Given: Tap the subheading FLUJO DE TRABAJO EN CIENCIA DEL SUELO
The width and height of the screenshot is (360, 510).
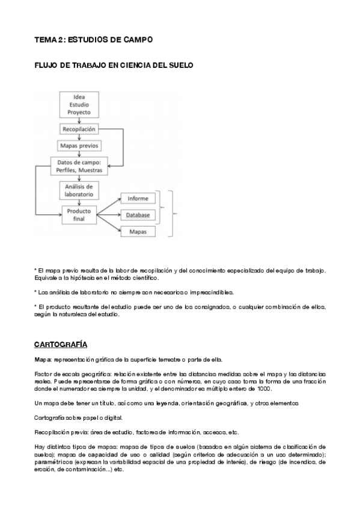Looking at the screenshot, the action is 114,65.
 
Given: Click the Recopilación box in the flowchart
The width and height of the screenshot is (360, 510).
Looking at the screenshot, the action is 78,129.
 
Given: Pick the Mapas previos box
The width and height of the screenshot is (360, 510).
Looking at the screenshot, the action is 79,146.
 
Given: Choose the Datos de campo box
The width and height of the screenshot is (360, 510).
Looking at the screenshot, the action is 79,166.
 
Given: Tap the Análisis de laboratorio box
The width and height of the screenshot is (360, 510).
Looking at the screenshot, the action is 79,190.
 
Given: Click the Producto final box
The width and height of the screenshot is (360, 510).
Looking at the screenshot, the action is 79,215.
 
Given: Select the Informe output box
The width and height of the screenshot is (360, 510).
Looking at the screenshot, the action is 138,198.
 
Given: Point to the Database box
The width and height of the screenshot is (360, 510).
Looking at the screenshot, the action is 138,215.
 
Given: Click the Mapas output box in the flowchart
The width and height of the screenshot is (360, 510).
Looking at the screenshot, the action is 138,232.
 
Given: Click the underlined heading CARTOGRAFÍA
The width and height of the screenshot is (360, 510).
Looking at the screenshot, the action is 61,345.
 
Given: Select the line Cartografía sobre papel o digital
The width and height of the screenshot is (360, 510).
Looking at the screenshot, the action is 76,418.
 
